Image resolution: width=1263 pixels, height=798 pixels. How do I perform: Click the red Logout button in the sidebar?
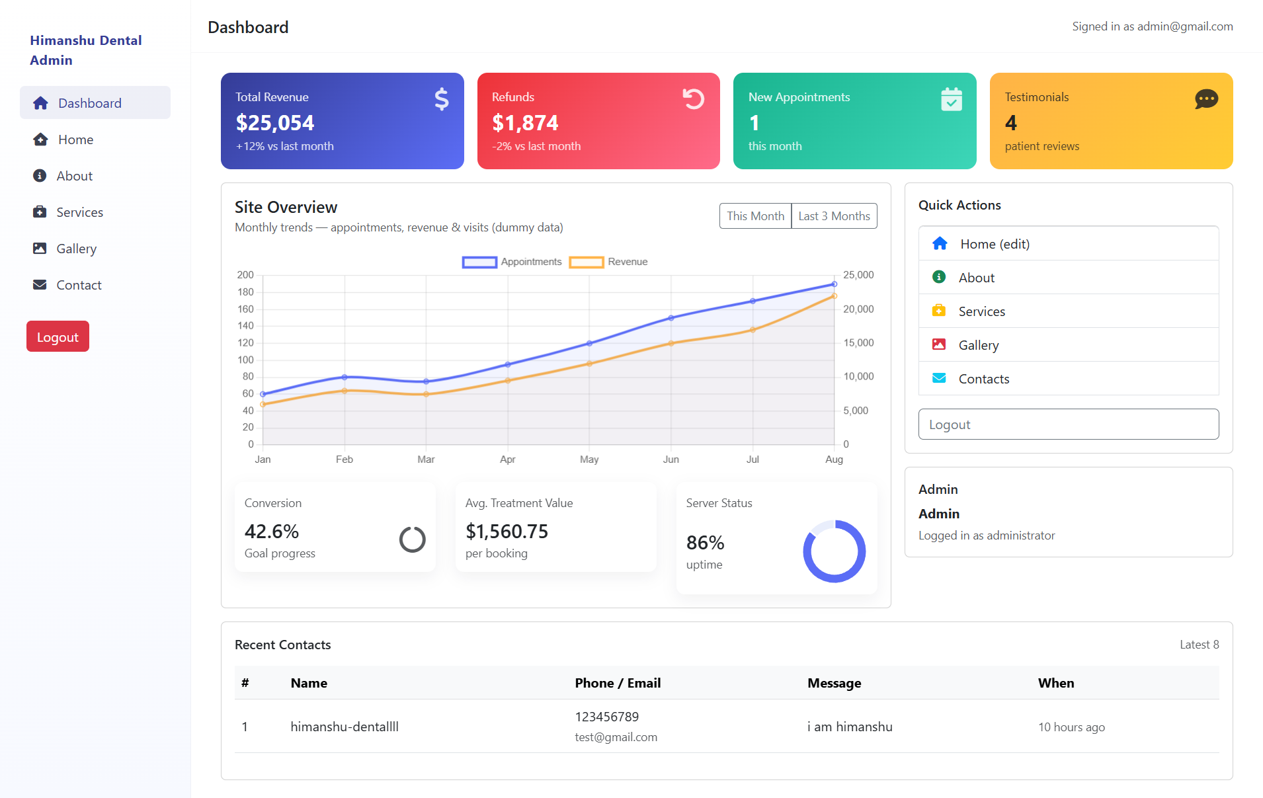[x=58, y=337]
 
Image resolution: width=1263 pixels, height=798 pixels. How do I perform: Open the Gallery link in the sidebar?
[x=76, y=249]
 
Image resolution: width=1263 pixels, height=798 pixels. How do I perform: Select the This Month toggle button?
[x=755, y=216]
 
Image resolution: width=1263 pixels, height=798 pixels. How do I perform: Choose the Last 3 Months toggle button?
[x=834, y=216]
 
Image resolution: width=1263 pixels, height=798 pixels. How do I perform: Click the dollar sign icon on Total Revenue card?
[x=442, y=99]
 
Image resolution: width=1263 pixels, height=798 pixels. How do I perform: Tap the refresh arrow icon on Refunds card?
[x=693, y=99]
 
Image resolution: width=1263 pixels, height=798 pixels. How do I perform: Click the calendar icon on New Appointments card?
[x=951, y=99]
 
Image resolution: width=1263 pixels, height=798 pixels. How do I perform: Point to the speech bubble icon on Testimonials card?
[x=1206, y=99]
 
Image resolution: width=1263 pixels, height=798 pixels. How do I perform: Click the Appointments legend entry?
[x=512, y=262]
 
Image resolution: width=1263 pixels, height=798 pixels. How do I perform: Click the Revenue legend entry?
[x=609, y=262]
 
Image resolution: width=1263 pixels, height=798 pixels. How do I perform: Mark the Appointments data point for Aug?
[x=834, y=284]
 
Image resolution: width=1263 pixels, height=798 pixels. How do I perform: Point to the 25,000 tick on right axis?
[x=858, y=275]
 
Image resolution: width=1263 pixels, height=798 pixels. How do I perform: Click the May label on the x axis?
[x=589, y=459]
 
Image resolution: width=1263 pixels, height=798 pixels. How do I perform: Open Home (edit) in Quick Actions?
[x=995, y=244]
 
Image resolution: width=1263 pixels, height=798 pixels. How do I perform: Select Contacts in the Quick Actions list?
[x=983, y=379]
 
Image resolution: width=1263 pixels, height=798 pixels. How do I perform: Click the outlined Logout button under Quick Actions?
[x=1068, y=424]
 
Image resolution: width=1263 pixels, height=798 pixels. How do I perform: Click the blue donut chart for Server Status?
[x=834, y=551]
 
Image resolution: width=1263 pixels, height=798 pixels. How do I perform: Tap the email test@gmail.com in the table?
[x=616, y=737]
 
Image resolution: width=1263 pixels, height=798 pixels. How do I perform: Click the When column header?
[x=1055, y=683]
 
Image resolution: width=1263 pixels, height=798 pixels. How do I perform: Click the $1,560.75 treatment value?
[x=507, y=532]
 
